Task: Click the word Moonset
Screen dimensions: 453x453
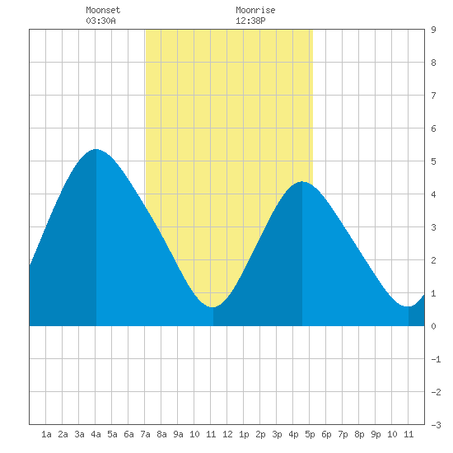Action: click(x=103, y=10)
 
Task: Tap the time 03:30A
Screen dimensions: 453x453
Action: click(x=100, y=21)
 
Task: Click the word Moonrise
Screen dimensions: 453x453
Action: click(x=255, y=10)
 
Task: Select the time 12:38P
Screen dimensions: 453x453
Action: click(x=250, y=21)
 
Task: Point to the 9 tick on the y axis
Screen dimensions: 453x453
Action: click(x=433, y=30)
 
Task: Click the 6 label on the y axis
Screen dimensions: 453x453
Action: click(x=433, y=128)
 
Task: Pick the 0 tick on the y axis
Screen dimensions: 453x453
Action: click(x=433, y=326)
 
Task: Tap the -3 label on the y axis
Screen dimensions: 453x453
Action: click(x=436, y=425)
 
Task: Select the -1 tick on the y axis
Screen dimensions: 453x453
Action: click(x=436, y=359)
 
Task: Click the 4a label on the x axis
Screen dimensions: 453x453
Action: click(x=96, y=434)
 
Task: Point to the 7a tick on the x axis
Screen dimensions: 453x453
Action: click(x=145, y=434)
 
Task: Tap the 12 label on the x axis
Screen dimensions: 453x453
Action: click(x=227, y=434)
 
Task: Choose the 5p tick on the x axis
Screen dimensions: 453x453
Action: click(x=310, y=434)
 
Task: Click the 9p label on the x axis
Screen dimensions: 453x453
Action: click(x=376, y=434)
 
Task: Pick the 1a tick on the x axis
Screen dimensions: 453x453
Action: click(x=46, y=434)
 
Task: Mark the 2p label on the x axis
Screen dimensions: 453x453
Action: click(x=260, y=434)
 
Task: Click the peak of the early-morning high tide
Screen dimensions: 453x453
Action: click(x=96, y=149)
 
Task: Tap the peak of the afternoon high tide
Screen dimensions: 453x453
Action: click(x=302, y=182)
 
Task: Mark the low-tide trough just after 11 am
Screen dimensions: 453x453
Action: click(x=212, y=307)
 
